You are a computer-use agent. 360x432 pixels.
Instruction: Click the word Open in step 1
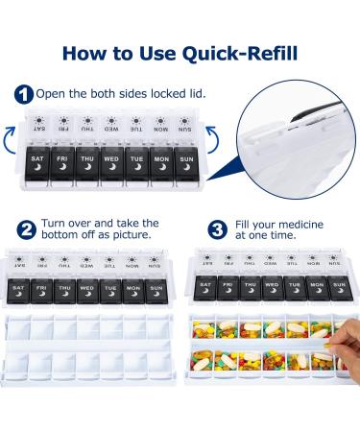pyautogui.click(x=51, y=94)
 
